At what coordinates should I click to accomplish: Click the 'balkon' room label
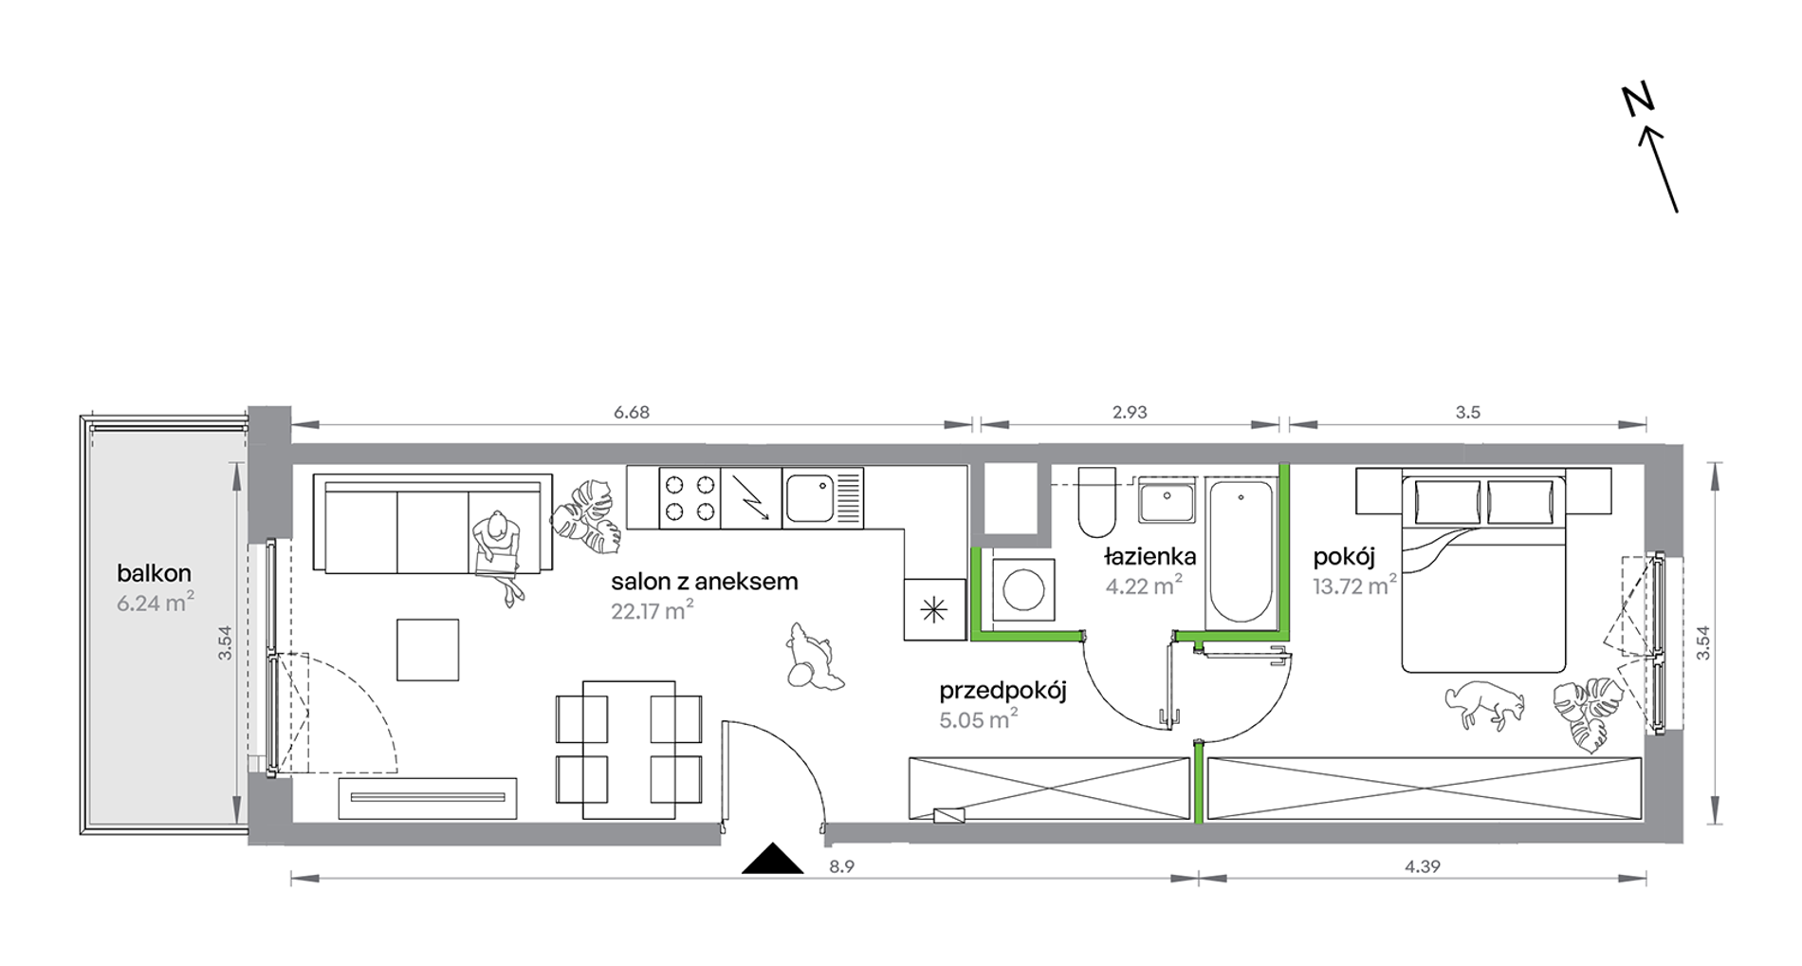tap(154, 573)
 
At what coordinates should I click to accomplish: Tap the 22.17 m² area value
tap(653, 610)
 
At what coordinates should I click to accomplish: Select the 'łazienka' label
tap(1149, 557)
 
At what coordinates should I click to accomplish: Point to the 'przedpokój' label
tap(1002, 692)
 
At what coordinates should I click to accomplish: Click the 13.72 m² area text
tap(1354, 585)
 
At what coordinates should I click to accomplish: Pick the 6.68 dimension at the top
tap(632, 412)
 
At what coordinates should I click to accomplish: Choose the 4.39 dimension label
tap(1423, 866)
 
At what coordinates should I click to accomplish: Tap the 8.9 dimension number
tap(841, 866)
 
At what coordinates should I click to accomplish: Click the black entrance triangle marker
tap(773, 859)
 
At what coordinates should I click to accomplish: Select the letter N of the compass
tap(1638, 101)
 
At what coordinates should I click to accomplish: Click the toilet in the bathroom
tap(1097, 502)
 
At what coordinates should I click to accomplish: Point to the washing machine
tap(1023, 589)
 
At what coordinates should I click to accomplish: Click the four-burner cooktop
tap(690, 498)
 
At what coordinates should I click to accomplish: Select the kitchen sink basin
tap(810, 498)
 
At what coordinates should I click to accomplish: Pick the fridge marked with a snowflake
tap(935, 609)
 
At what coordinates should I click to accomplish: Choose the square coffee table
tap(428, 650)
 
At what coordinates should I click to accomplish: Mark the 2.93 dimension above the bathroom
tap(1130, 412)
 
